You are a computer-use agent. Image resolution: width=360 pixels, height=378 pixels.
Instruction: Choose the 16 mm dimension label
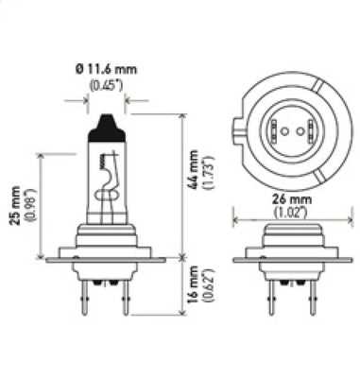click(196, 286)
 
